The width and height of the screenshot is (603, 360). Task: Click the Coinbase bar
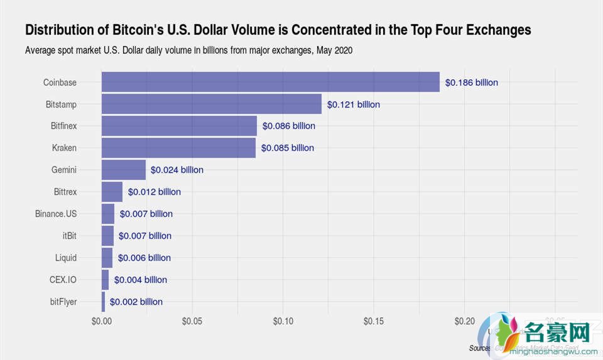coord(270,82)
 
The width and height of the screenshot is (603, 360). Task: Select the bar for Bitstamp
coord(211,104)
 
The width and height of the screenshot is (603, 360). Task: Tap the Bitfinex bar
coord(179,126)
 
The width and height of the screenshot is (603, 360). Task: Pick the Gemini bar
coord(124,170)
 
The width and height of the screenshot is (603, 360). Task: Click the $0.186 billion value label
coord(471,82)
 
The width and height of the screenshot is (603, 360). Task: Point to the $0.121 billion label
coord(353,104)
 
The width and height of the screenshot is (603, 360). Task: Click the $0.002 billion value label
coord(136,302)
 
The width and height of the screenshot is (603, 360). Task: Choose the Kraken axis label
coord(64,148)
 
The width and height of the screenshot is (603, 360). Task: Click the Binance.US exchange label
coord(56,214)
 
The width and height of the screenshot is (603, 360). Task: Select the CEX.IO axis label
coord(63,280)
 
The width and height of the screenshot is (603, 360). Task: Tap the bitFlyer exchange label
coord(63,302)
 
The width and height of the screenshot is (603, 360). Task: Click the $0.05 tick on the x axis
coord(192,321)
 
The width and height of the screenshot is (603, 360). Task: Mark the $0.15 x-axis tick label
coord(374,321)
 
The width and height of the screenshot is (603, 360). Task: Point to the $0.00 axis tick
coord(101,321)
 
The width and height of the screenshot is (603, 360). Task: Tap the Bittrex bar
coord(112,192)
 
